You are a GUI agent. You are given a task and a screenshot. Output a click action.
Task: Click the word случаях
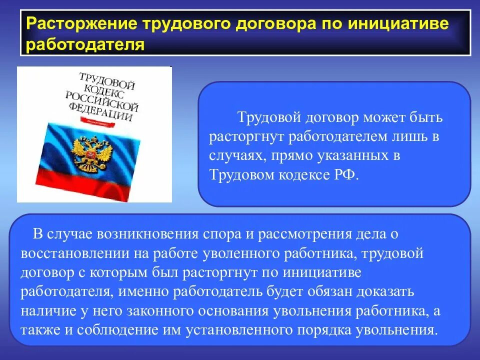coord(237,155)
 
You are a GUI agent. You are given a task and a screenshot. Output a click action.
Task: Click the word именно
coord(141,291)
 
